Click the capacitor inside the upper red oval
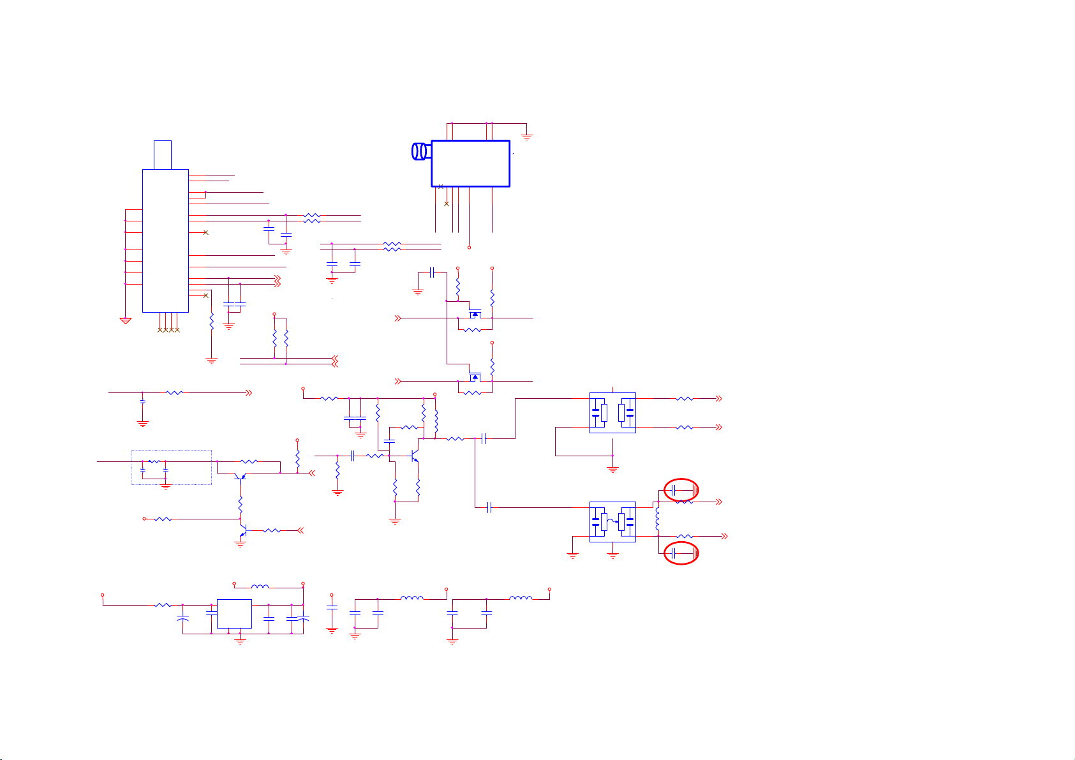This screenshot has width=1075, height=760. point(675,490)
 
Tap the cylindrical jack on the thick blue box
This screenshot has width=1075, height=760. point(420,151)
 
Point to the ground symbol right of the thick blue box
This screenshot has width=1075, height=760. point(527,137)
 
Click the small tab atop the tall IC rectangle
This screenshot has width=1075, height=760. point(163,154)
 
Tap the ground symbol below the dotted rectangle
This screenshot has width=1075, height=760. point(166,488)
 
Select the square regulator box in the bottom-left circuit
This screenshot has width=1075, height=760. point(234,614)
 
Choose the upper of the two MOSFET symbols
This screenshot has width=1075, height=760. point(474,314)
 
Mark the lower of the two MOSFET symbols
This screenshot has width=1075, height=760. point(474,377)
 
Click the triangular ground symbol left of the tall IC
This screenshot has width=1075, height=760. point(126,320)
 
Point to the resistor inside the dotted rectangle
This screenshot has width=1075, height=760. point(154,461)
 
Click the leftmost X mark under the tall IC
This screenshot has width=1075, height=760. point(159,330)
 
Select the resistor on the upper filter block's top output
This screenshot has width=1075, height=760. point(684,398)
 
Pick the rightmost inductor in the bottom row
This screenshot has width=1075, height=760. point(521,598)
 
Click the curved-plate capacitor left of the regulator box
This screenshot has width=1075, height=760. point(183,619)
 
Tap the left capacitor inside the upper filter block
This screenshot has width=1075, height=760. point(596,412)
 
